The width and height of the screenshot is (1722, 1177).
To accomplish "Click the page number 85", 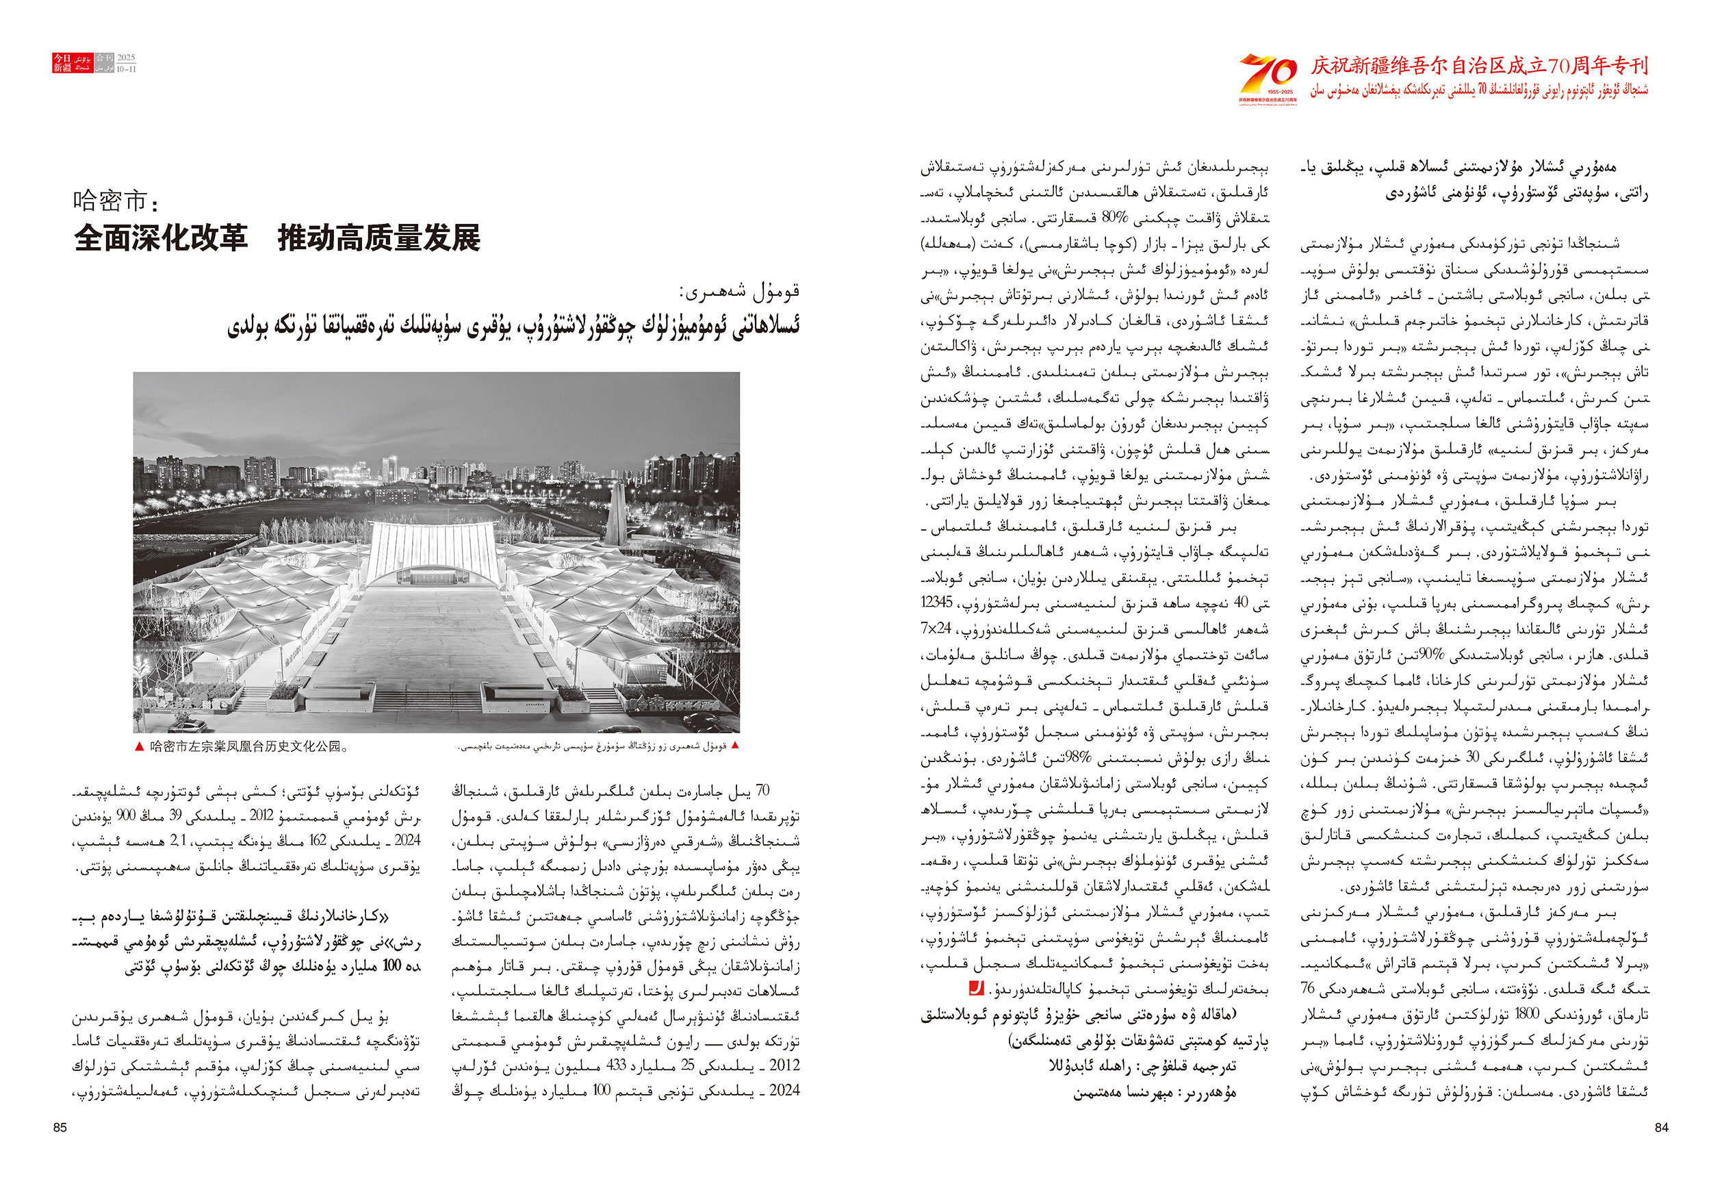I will pyautogui.click(x=60, y=1127).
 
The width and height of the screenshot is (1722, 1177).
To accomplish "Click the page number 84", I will pyautogui.click(x=1661, y=1127).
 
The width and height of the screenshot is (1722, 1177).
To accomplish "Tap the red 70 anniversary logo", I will pyautogui.click(x=1268, y=75).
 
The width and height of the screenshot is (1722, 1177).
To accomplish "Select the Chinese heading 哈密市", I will pyautogui.click(x=114, y=201).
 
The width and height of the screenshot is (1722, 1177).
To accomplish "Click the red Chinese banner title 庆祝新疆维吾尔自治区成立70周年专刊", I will pyautogui.click(x=1479, y=66).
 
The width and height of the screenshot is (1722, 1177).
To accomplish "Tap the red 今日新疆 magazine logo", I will pyautogui.click(x=72, y=63).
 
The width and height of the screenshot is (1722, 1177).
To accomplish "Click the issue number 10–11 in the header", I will pyautogui.click(x=126, y=70).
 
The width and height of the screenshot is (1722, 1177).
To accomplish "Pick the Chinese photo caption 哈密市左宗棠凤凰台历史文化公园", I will pyautogui.click(x=248, y=746).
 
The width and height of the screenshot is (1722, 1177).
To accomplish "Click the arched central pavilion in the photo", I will pyautogui.click(x=433, y=552).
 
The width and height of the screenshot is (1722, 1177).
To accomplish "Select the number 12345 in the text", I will pyautogui.click(x=936, y=603).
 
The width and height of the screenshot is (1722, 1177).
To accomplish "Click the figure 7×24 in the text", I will pyautogui.click(x=936, y=629).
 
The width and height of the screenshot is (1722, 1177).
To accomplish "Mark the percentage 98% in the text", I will pyautogui.click(x=1056, y=758).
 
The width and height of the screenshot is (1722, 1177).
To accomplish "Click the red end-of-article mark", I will pyautogui.click(x=977, y=988).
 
